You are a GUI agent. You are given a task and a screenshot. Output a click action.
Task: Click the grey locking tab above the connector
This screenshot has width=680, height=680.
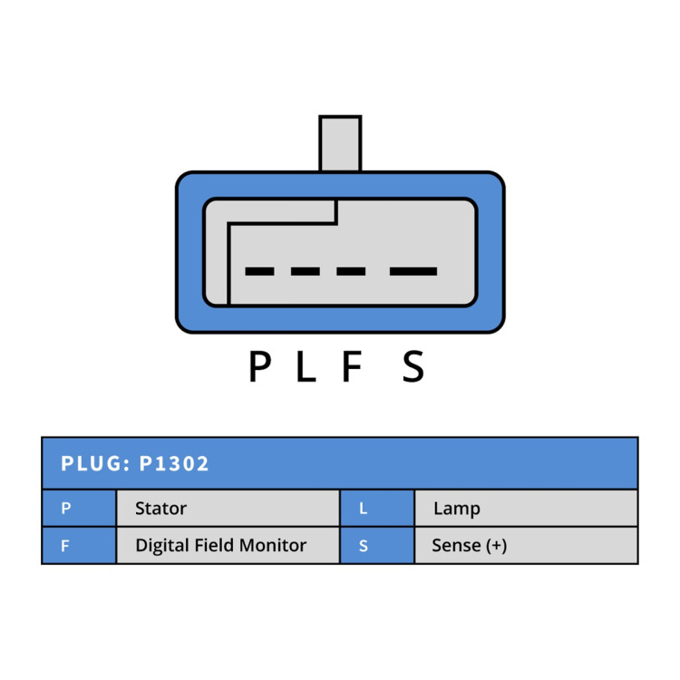pyautogui.click(x=340, y=143)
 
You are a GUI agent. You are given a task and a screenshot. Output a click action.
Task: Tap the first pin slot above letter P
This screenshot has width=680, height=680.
pyautogui.click(x=259, y=271)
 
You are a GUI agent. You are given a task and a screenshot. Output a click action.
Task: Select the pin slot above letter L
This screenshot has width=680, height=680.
pyautogui.click(x=306, y=271)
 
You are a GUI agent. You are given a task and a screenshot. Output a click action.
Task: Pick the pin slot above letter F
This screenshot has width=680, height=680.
pyautogui.click(x=351, y=271)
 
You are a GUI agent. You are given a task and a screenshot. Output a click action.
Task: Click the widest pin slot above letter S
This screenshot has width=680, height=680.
pyautogui.click(x=413, y=271)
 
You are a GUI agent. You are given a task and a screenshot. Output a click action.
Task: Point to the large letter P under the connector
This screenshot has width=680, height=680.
pyautogui.click(x=260, y=366)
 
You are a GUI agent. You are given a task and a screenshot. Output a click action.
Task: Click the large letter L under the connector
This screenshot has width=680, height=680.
pyautogui.click(x=306, y=366)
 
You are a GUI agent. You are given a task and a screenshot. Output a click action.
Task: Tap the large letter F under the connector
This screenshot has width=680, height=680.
pyautogui.click(x=352, y=366)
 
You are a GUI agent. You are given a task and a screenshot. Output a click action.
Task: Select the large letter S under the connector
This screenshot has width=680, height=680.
pyautogui.click(x=413, y=366)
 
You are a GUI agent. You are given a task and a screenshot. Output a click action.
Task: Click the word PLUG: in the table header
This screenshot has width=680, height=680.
pyautogui.click(x=95, y=463)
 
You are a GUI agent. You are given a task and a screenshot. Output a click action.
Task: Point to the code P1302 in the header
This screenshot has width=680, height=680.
pyautogui.click(x=174, y=463)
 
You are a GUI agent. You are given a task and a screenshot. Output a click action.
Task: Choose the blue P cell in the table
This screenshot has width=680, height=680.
pyautogui.click(x=80, y=508)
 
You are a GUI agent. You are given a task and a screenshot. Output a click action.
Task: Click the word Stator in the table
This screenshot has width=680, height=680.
pyautogui.click(x=160, y=509)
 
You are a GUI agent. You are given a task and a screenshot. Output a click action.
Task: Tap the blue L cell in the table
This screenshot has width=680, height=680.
pyautogui.click(x=377, y=508)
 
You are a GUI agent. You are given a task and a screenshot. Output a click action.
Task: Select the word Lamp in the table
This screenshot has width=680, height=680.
pyautogui.click(x=457, y=509)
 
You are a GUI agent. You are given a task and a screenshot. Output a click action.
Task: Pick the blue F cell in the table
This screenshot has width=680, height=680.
pyautogui.click(x=80, y=545)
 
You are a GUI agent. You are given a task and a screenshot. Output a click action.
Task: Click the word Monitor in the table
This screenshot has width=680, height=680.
pyautogui.click(x=273, y=545)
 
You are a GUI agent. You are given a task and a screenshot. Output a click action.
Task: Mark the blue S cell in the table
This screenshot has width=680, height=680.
pyautogui.click(x=377, y=545)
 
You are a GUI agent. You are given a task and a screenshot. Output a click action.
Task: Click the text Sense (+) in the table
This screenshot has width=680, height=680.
pyautogui.click(x=470, y=546)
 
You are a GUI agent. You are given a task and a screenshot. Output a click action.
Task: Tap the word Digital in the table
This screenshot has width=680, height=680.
pyautogui.click(x=162, y=546)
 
